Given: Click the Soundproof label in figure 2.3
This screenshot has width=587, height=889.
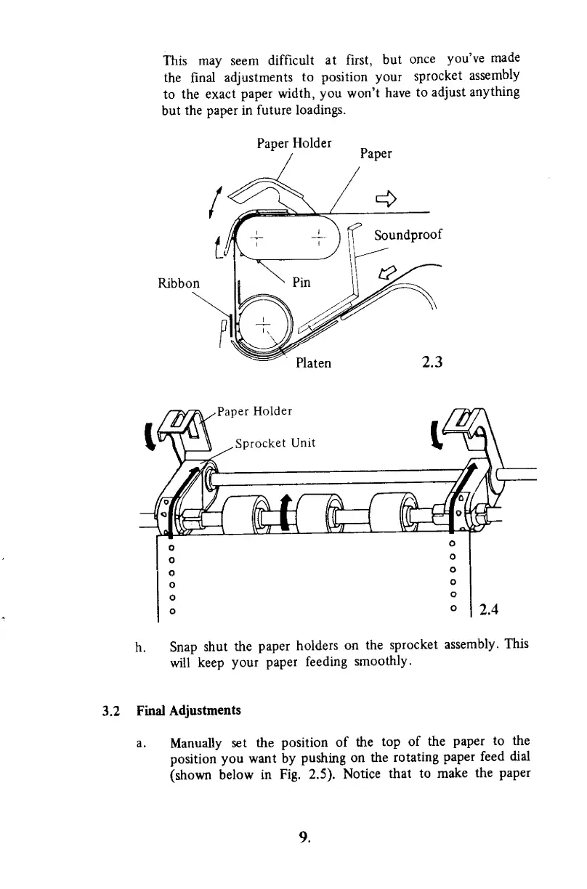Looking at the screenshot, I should click(x=408, y=235).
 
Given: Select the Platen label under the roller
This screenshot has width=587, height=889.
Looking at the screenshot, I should click(x=314, y=362).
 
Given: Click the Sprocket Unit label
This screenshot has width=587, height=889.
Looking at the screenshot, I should click(x=275, y=444).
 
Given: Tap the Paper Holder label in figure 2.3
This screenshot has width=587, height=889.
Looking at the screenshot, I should click(x=295, y=142).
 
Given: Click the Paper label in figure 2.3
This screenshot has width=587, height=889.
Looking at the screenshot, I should click(x=376, y=154).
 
